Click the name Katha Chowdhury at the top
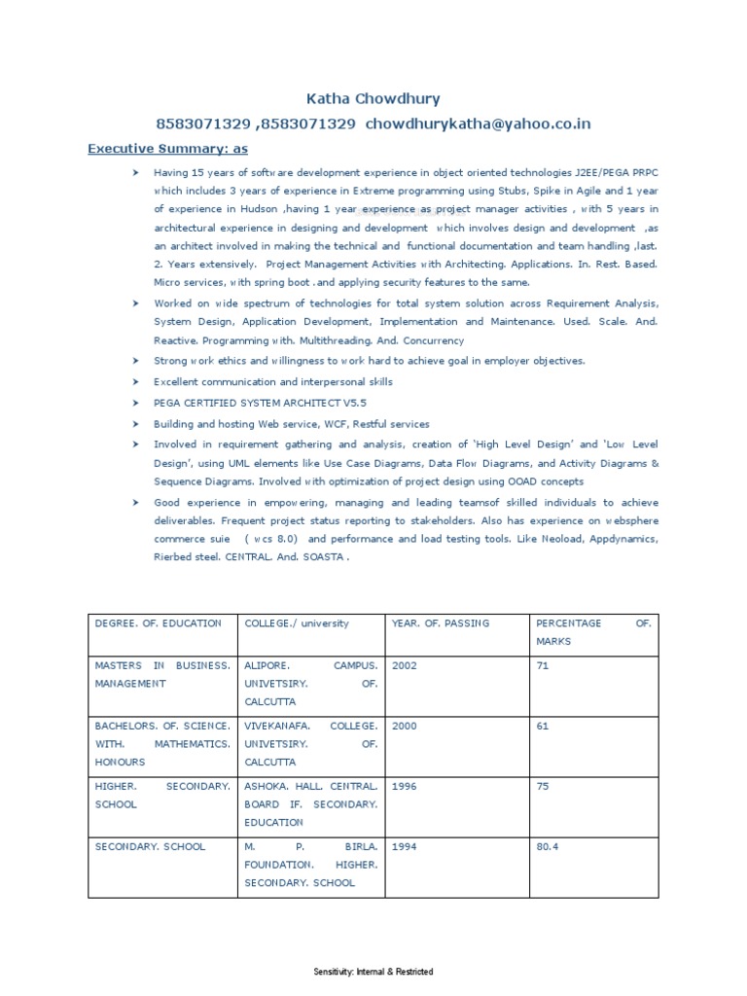tap(373, 98)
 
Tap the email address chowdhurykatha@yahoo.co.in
tap(479, 124)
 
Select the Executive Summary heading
tap(167, 148)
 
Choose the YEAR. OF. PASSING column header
tap(440, 623)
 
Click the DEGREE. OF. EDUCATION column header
tap(158, 623)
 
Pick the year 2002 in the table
tap(404, 666)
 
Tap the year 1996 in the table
tap(404, 787)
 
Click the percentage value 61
tap(543, 727)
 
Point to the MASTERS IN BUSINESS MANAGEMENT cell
tap(161, 675)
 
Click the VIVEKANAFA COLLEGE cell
tap(310, 744)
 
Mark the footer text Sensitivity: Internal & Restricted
tap(373, 972)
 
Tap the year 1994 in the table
tap(404, 847)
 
